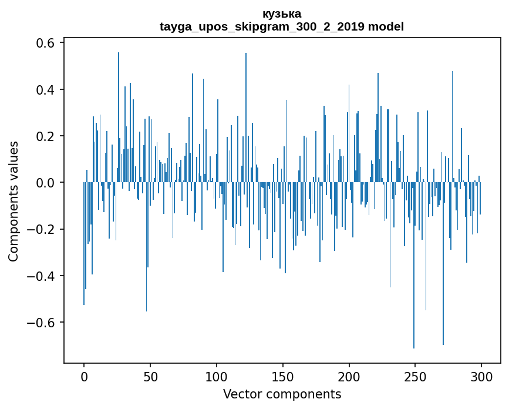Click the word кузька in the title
pyautogui.click(x=282, y=14)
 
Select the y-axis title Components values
pyautogui.click(x=14, y=201)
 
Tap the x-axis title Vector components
pyautogui.click(x=282, y=394)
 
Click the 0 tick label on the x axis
pyautogui.click(x=84, y=376)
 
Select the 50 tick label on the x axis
pyautogui.click(x=150, y=376)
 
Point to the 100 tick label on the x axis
pyautogui.click(x=217, y=376)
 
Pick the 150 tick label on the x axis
pyautogui.click(x=283, y=376)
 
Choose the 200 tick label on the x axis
pyautogui.click(x=349, y=376)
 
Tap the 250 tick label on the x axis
pyautogui.click(x=416, y=376)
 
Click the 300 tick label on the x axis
pyautogui.click(x=482, y=376)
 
